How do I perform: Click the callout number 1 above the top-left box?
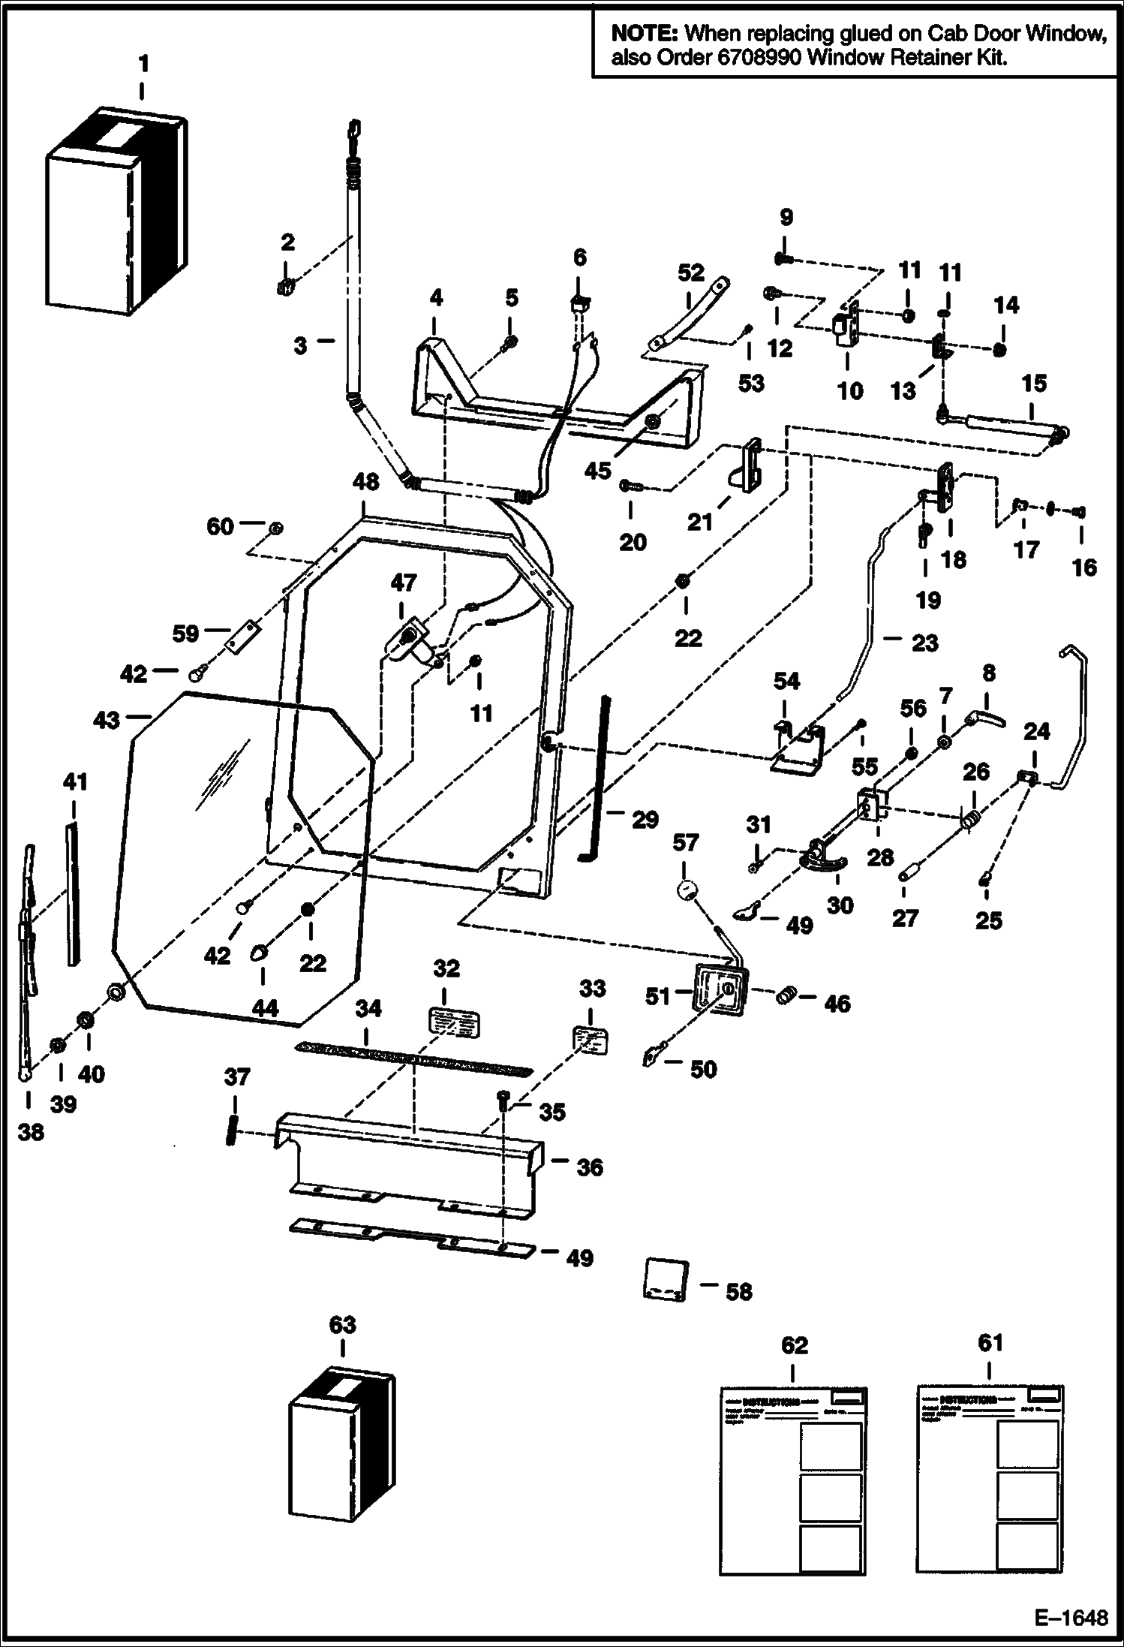pos(143,65)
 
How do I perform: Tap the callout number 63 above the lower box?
pos(342,1324)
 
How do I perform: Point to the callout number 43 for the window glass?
pos(106,720)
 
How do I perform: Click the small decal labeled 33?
pos(591,1041)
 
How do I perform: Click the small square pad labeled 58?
pos(666,1279)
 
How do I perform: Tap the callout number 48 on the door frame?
pos(365,482)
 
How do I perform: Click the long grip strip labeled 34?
pos(414,1058)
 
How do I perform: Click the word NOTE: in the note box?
pos(645,33)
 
